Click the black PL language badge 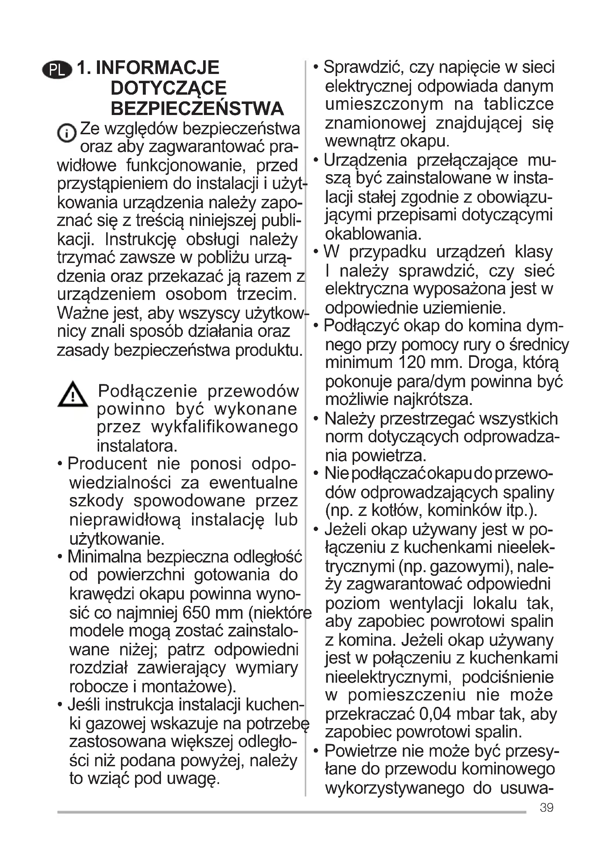coord(57,70)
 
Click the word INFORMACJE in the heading coord(157,68)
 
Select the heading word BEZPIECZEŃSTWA coord(197,109)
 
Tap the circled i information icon coord(67,133)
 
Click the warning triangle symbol coord(73,395)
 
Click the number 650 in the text coord(196,613)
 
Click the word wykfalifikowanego coord(225,427)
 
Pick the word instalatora coord(137,446)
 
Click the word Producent coord(107,464)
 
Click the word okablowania coord(373,234)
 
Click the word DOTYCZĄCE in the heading coord(168,88)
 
